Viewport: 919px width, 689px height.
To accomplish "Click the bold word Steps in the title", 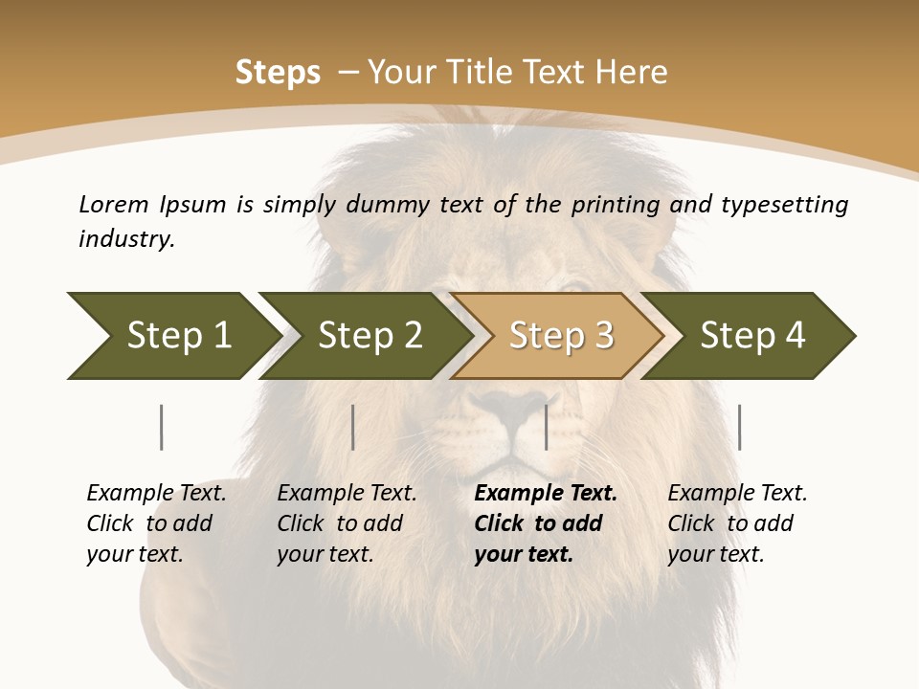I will coord(278,72).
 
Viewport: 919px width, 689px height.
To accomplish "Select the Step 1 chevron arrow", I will coord(172,336).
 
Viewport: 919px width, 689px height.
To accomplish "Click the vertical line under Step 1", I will coord(162,427).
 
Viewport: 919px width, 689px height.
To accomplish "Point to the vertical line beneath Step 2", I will coord(353,427).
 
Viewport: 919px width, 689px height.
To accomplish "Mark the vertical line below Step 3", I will coord(546,427).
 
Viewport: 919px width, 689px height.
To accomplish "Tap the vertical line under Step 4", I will coord(739,427).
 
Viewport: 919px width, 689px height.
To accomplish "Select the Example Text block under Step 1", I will coord(156,523).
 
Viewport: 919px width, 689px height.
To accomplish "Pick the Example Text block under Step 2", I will coord(347,523).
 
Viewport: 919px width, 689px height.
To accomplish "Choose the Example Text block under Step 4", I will coord(736,523).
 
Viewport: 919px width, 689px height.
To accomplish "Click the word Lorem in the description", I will coord(114,204).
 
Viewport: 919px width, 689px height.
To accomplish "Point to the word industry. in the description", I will coord(126,239).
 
